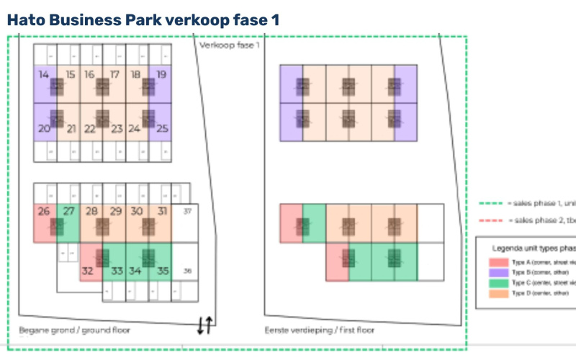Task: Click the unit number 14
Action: [44, 74]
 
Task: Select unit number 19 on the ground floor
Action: [161, 74]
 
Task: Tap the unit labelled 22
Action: [90, 130]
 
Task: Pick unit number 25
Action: [162, 130]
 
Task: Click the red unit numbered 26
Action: [44, 212]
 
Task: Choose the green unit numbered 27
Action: [68, 212]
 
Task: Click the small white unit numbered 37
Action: [187, 212]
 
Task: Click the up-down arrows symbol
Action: [204, 325]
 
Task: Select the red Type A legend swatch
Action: [498, 263]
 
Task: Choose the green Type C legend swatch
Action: [498, 284]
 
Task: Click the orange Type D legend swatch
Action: [498, 294]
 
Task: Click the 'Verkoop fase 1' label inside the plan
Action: [229, 45]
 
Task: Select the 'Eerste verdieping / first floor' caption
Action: [320, 330]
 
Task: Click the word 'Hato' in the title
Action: [28, 20]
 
